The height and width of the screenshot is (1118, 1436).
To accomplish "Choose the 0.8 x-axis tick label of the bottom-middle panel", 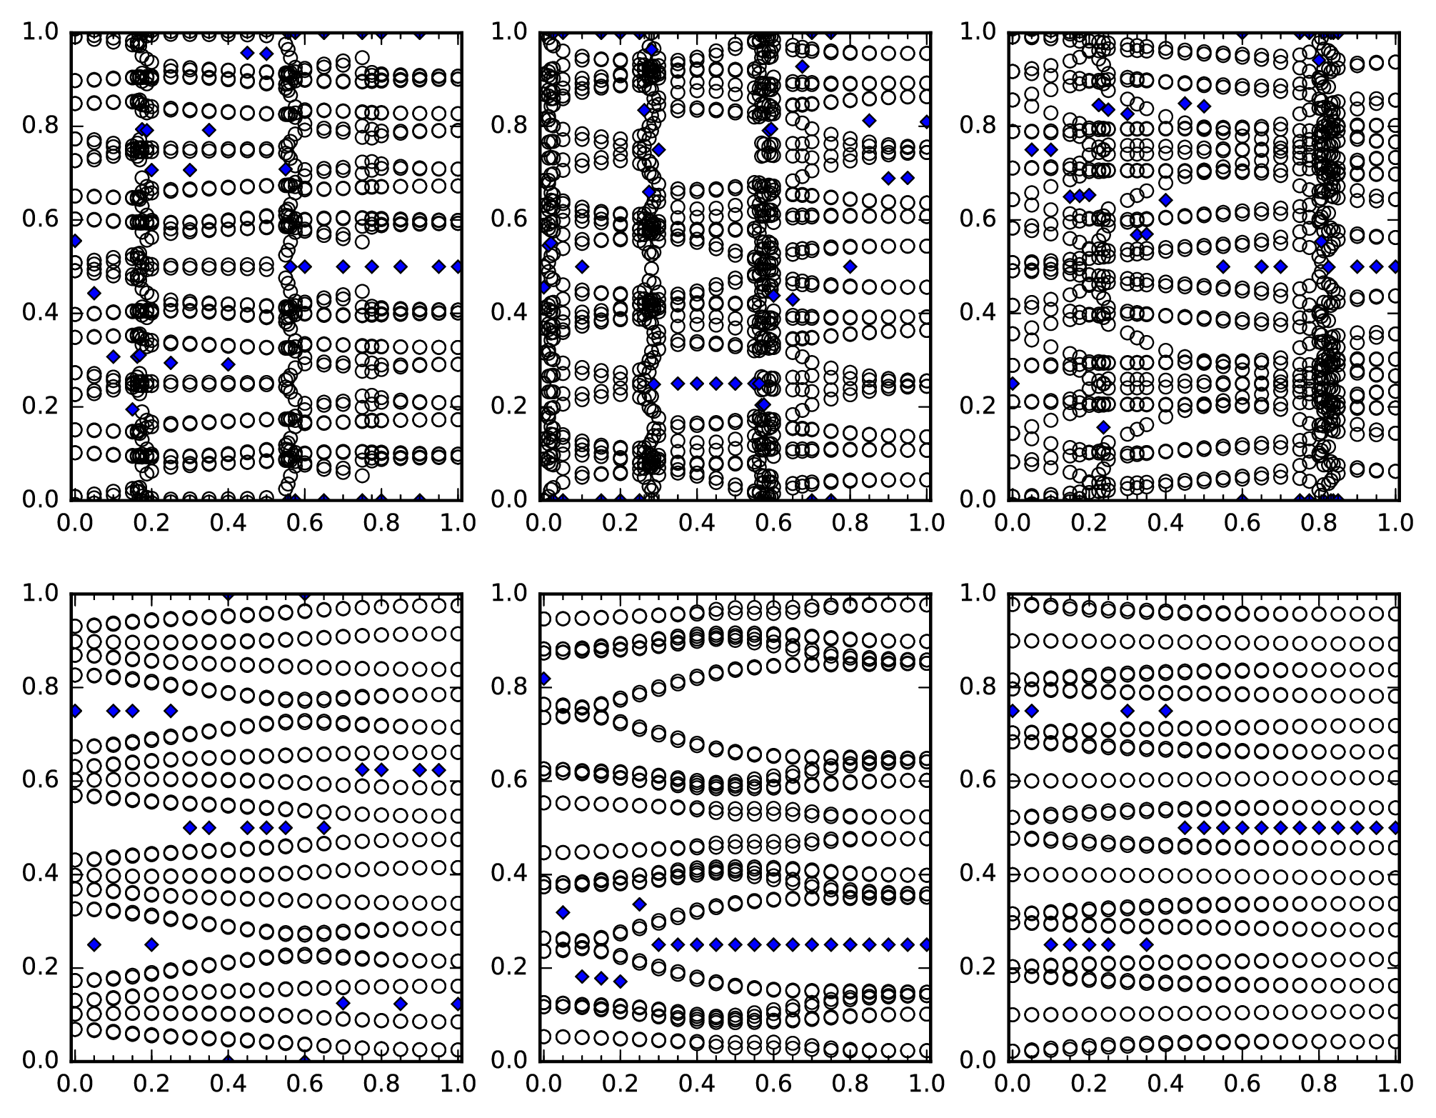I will coord(850,1084).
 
